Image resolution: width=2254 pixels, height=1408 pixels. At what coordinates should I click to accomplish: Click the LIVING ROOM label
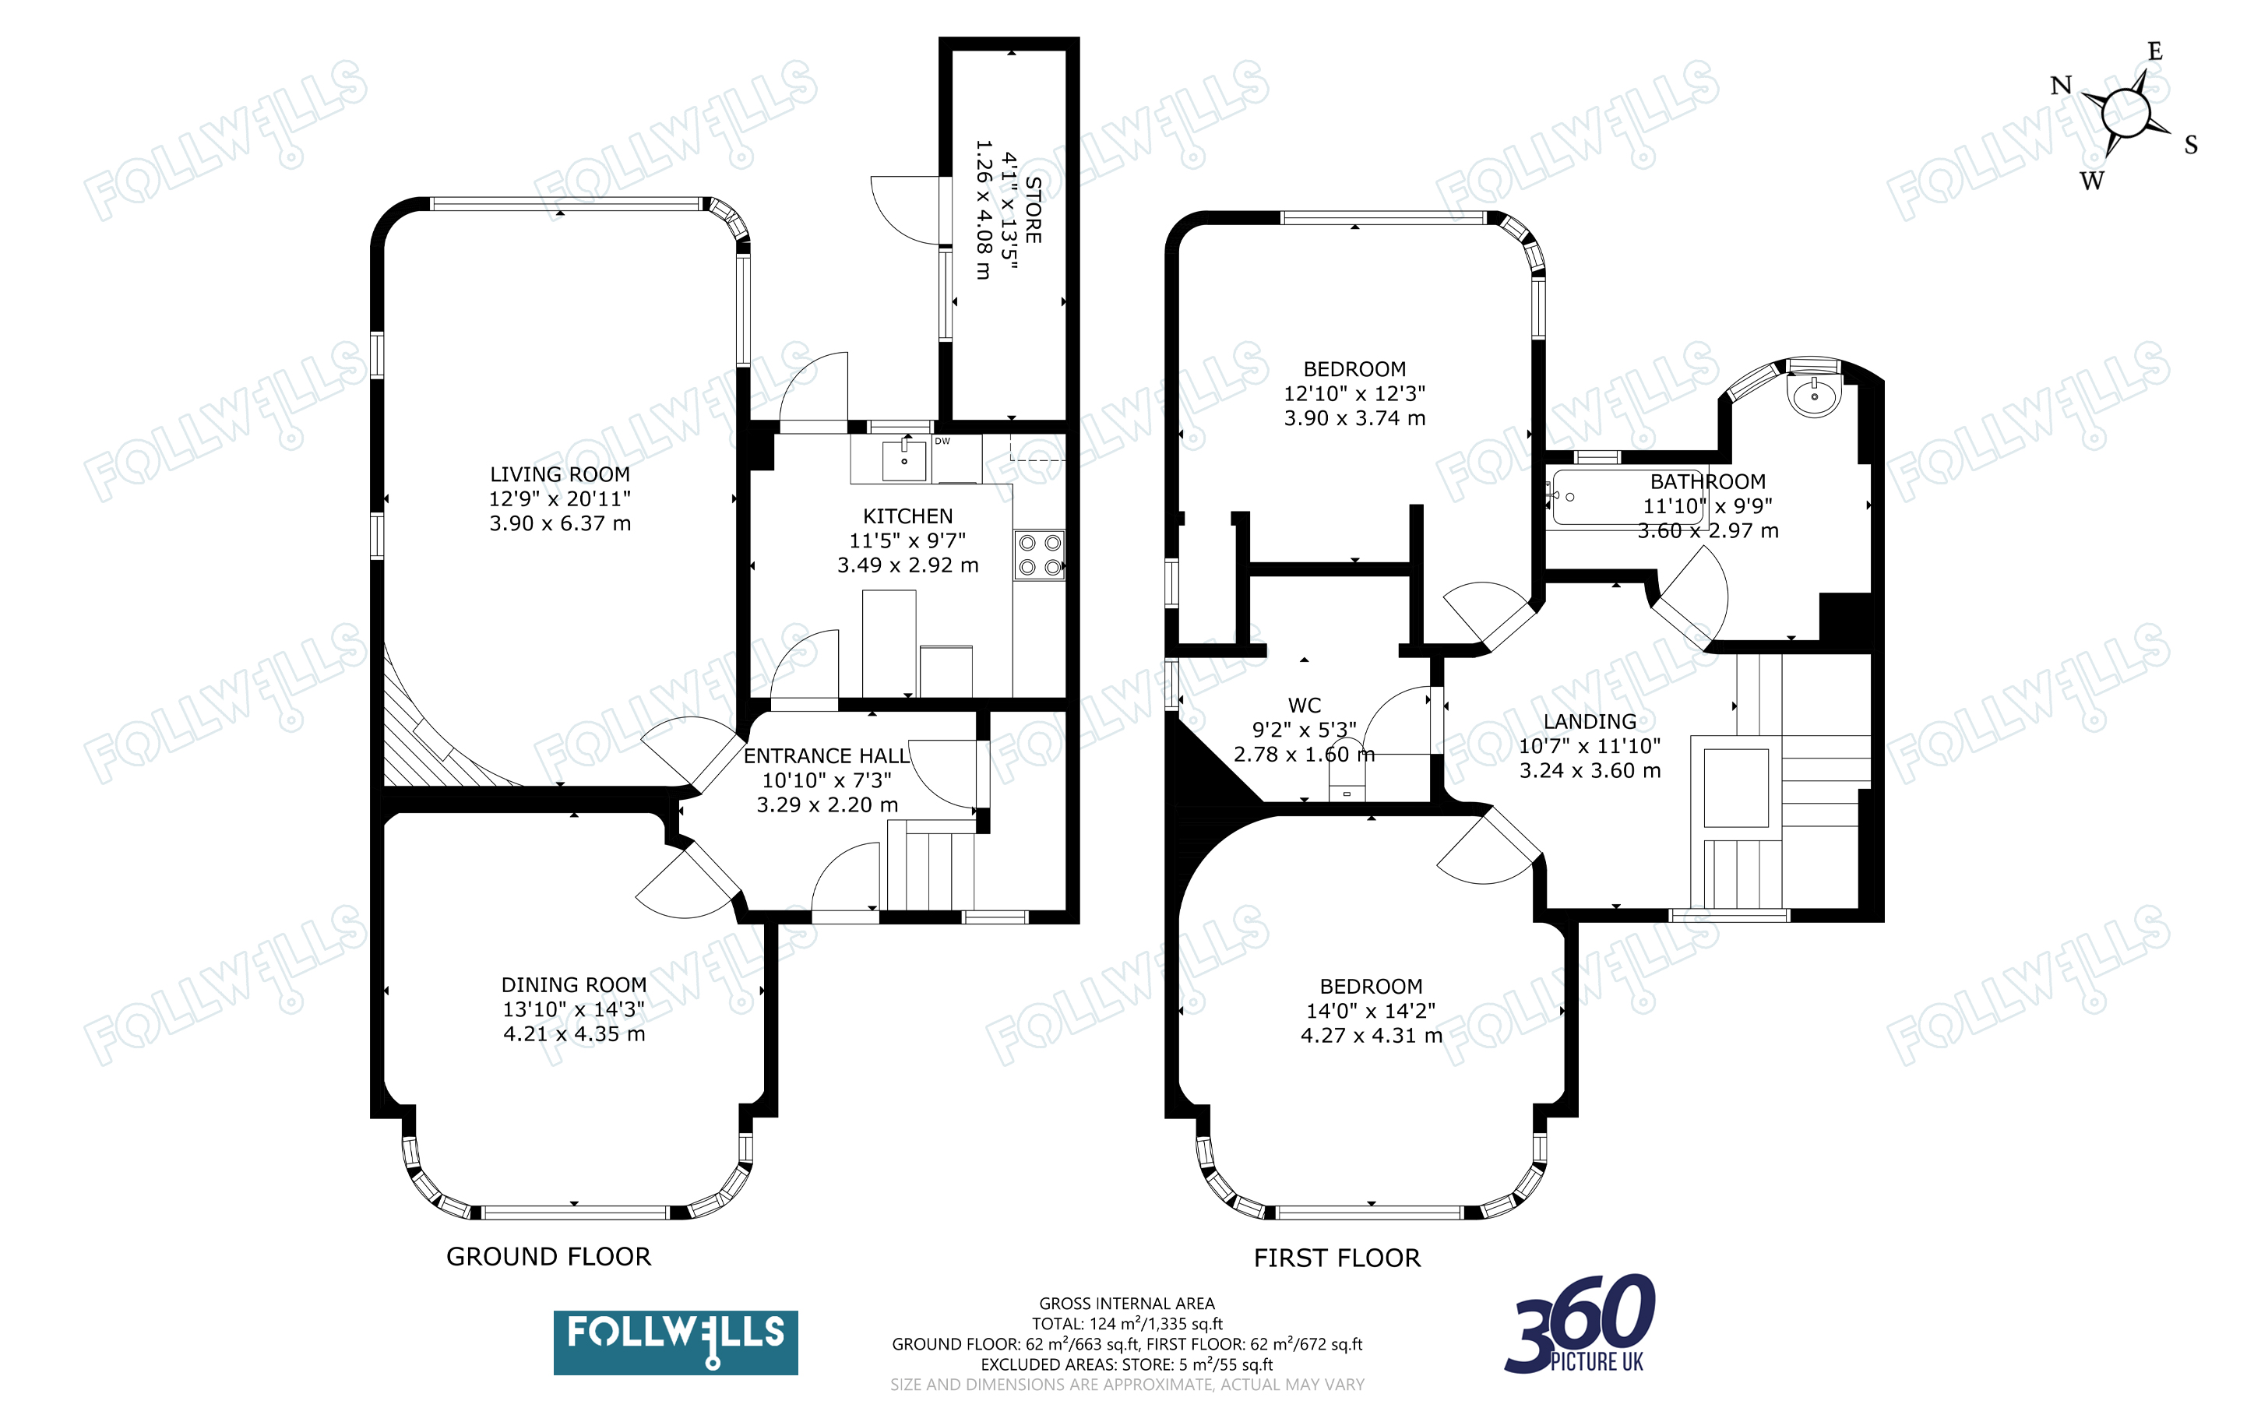559,475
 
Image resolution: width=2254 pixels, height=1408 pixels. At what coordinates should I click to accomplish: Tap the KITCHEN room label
907,516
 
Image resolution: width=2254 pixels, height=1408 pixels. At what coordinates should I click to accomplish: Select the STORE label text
1033,209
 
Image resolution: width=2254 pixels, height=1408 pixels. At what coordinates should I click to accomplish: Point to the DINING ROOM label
573,985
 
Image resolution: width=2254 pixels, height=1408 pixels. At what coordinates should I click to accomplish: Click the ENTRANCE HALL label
826,756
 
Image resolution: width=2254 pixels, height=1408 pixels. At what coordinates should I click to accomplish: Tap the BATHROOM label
1707,481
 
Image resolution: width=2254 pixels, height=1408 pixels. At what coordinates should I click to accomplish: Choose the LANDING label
1590,722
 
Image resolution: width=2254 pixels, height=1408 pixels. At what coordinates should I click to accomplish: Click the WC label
1305,706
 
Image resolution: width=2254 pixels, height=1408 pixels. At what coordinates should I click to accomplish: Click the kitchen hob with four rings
1039,555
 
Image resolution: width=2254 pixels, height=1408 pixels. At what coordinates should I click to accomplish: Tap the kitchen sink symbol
904,459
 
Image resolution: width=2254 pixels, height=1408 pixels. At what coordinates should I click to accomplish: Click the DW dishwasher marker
942,442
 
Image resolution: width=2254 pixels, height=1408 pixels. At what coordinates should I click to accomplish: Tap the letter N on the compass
2062,86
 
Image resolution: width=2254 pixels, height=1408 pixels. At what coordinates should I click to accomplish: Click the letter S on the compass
2191,146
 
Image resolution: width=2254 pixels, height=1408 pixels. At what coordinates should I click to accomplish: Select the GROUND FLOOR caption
549,1257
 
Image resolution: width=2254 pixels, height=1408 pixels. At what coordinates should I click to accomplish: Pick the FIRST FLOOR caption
1337,1258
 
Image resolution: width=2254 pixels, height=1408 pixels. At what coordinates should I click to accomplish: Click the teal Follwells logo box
675,1343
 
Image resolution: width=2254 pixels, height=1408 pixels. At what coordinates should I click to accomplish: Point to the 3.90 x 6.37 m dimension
561,523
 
